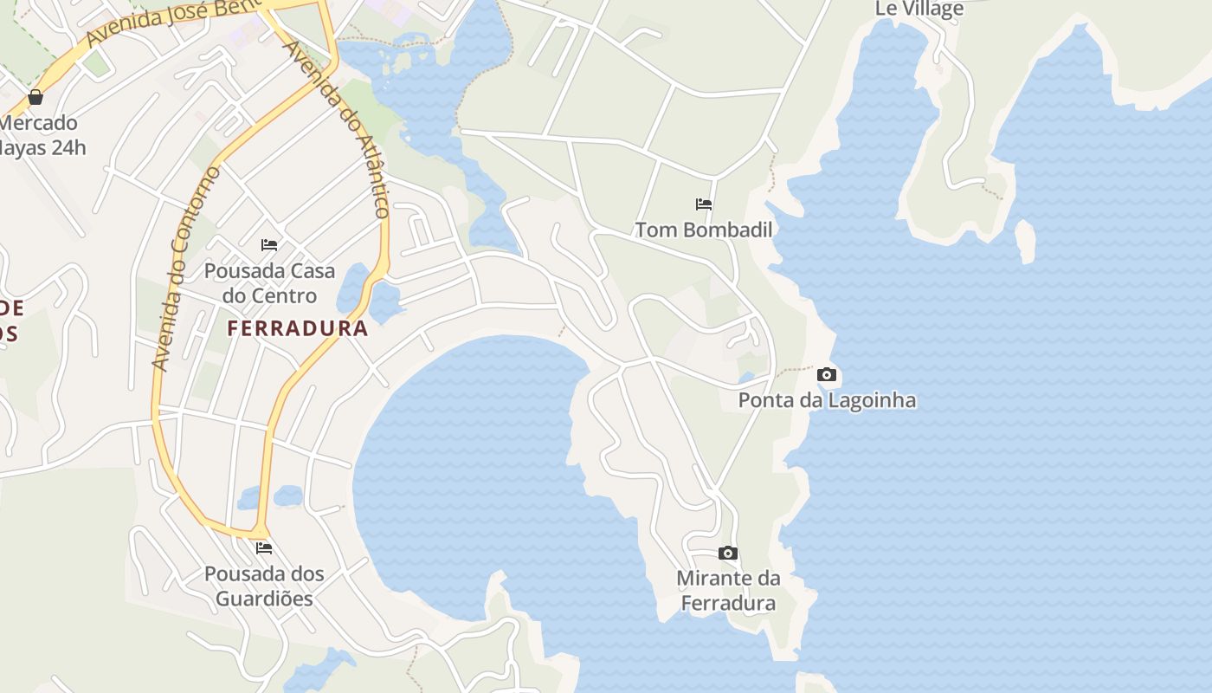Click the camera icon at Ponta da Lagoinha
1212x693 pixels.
click(827, 375)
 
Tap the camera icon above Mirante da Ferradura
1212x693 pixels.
click(728, 554)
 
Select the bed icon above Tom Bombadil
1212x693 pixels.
click(704, 205)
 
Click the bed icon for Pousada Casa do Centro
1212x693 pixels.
click(269, 245)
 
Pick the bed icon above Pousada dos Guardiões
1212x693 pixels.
click(264, 548)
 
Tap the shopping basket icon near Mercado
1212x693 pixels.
click(35, 97)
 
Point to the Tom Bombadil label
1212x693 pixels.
click(704, 230)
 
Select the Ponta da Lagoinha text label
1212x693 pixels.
click(827, 400)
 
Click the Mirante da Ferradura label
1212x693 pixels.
click(728, 591)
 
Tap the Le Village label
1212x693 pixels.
click(919, 10)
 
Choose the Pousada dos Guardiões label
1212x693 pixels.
click(264, 586)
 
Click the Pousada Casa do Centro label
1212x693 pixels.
click(269, 283)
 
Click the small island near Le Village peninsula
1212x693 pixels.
click(1025, 241)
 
